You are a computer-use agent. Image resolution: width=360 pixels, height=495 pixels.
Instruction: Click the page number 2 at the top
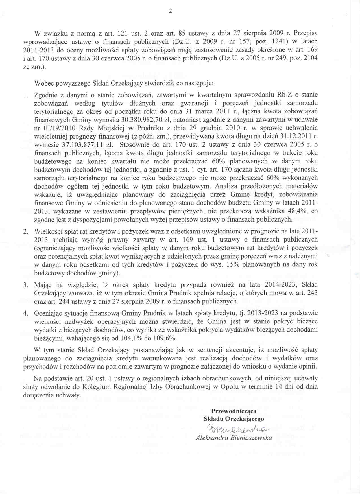pos(170,11)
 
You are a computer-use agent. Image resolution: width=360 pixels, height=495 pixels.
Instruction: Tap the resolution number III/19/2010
pos(59,128)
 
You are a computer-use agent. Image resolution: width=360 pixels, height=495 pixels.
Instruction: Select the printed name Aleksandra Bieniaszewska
pos(234,438)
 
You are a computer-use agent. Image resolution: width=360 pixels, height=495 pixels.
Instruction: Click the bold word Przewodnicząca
pos(234,411)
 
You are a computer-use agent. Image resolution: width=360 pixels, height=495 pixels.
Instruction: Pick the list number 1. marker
pos(26,95)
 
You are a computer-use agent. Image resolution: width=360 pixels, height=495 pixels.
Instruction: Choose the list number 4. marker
pos(26,313)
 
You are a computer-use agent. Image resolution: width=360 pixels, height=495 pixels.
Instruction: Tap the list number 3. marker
pos(26,285)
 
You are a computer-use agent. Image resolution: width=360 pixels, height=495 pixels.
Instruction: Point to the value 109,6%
pos(165,338)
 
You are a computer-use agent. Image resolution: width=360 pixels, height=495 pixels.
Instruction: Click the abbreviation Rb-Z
pos(285,95)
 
